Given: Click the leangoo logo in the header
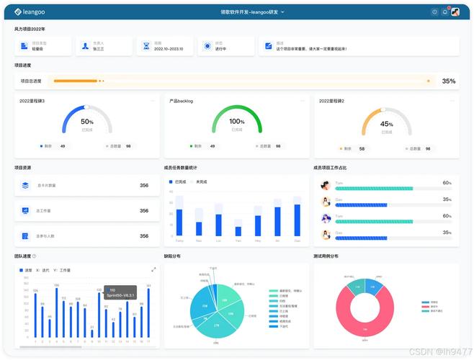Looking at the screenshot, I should (x=30, y=12).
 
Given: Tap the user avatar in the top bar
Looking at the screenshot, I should (x=455, y=12).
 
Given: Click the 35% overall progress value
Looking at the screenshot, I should (x=449, y=81).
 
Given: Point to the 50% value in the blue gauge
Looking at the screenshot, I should (x=87, y=122).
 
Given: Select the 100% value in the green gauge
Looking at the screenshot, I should (x=237, y=122).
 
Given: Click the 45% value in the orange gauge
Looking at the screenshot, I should (x=387, y=123).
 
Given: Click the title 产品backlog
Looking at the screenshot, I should (x=181, y=101).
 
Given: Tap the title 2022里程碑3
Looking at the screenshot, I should (x=32, y=101).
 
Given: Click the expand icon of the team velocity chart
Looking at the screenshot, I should (x=153, y=269).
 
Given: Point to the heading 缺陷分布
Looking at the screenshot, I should (x=172, y=256).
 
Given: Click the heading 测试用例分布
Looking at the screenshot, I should (x=326, y=256).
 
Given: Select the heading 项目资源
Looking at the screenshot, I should (x=23, y=167).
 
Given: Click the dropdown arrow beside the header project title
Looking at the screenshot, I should (x=282, y=12).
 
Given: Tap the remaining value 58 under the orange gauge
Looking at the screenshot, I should (x=362, y=148).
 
